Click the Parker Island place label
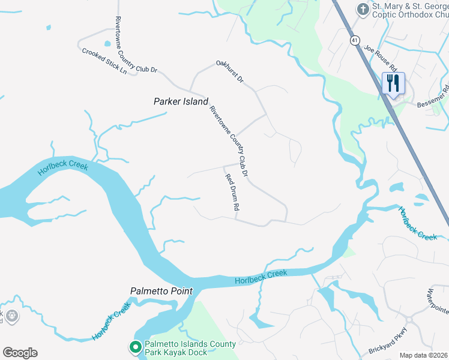tap(180, 102)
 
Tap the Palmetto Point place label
tap(161, 291)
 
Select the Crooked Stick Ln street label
tap(104, 61)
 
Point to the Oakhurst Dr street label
tap(230, 71)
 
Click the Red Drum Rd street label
tap(232, 192)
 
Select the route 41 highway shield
tap(355, 40)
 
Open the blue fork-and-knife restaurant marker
tap(393, 83)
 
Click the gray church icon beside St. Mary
tap(363, 9)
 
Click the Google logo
tap(20, 353)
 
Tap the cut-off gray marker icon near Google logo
tap(11, 315)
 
